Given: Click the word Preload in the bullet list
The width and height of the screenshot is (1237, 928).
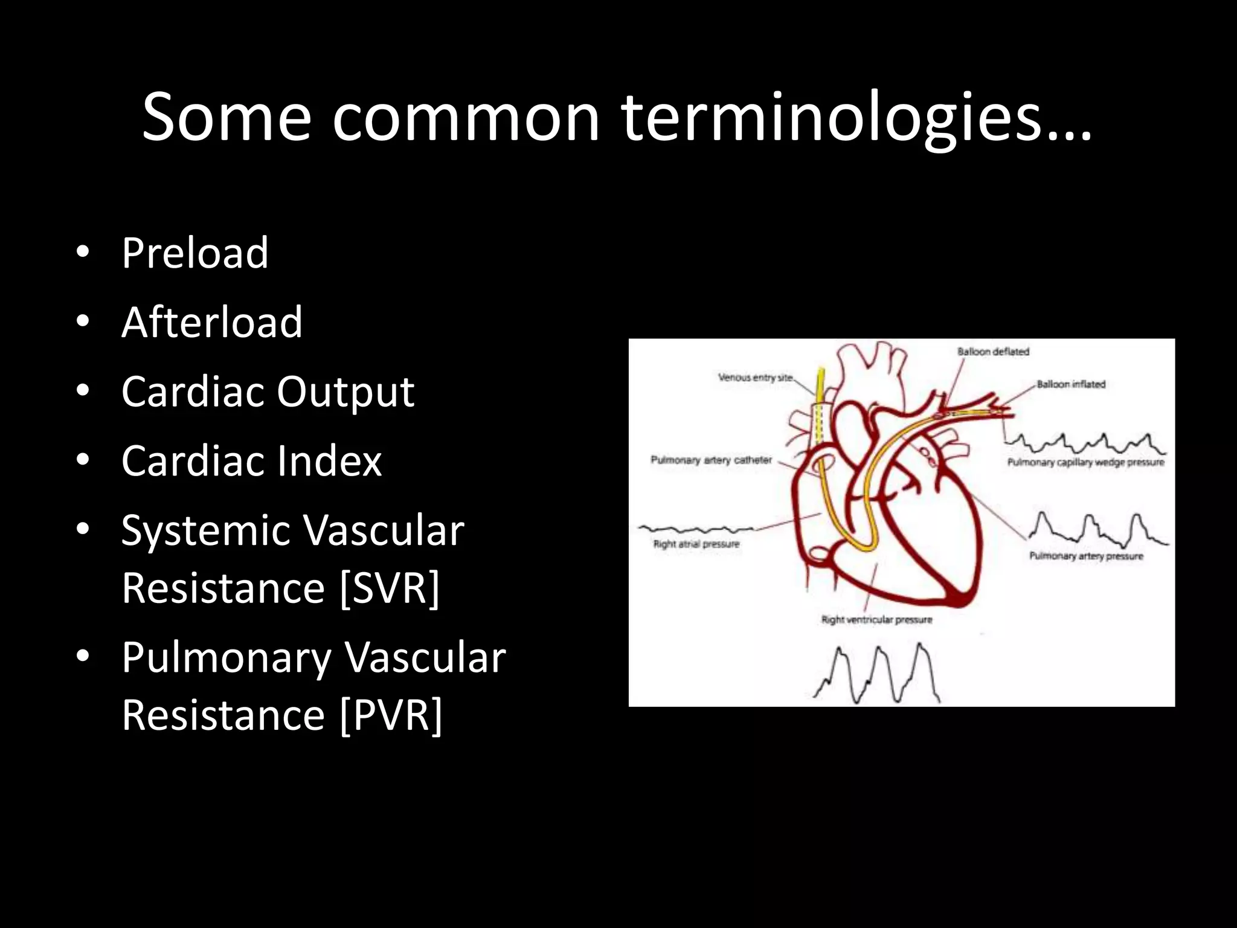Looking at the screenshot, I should tap(194, 253).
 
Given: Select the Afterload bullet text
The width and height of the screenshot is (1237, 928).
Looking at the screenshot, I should tap(211, 322).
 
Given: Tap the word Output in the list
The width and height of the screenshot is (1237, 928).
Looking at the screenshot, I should tap(345, 391).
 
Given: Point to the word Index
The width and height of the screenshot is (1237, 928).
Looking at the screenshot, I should tap(329, 461).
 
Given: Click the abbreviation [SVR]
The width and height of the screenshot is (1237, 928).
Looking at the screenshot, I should tap(390, 588).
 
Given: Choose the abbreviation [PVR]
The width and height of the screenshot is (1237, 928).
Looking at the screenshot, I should tap(391, 715).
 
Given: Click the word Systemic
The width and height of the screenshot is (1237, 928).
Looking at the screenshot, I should tap(205, 530).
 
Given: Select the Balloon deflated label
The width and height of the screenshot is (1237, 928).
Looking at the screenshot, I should tap(993, 352).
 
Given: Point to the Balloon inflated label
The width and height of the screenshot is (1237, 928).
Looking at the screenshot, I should tap(1071, 384).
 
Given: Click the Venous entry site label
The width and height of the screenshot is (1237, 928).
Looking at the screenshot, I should tap(755, 378).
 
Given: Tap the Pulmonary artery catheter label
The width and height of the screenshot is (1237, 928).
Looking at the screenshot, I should tap(711, 460).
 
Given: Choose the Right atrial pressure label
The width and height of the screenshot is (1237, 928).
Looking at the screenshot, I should tap(696, 544).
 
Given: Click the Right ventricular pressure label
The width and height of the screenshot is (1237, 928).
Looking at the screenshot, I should tap(876, 619).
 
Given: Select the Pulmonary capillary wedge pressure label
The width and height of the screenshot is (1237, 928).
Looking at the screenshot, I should tap(1085, 462).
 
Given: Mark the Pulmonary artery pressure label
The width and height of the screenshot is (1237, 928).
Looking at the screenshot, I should tap(1086, 556).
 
